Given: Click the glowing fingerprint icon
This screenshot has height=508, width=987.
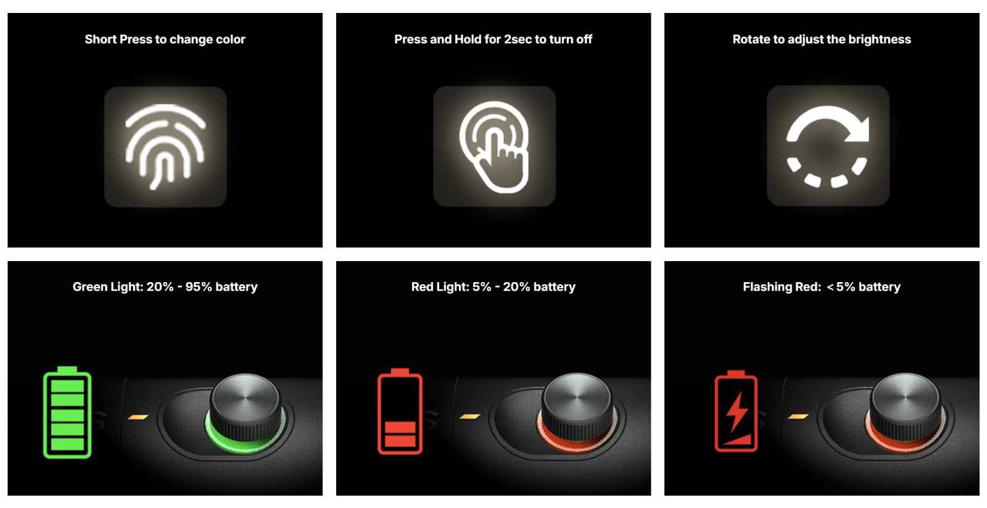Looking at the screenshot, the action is [x=165, y=147].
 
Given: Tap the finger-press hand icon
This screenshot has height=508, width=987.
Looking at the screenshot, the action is [x=494, y=147].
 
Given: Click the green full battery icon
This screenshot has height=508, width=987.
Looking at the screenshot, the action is [x=67, y=412].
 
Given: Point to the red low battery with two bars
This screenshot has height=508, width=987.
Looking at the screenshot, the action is [x=400, y=412].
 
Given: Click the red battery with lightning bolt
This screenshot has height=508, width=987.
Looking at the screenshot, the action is [x=736, y=411].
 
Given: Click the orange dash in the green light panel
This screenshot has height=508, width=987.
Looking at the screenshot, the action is [x=138, y=417].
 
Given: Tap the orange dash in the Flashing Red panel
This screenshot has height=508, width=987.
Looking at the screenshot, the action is [x=798, y=416].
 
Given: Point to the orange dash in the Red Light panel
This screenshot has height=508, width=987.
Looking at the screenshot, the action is [x=469, y=416].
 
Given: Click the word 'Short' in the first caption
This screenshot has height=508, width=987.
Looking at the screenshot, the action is [x=101, y=40].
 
